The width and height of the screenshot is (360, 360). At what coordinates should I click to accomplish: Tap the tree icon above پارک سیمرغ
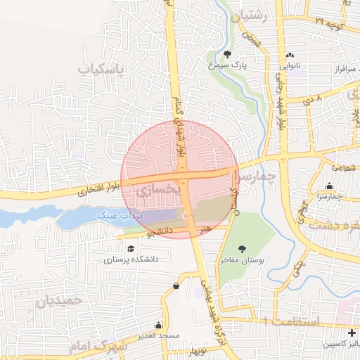[x=227, y=54]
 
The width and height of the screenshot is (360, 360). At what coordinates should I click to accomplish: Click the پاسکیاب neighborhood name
[x=100, y=70]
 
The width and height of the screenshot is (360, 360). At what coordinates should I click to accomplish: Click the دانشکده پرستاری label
[x=131, y=259]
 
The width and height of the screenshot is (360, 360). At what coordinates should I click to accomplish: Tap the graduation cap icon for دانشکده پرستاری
[x=131, y=248]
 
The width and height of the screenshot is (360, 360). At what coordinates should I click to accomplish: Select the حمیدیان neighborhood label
[x=60, y=300]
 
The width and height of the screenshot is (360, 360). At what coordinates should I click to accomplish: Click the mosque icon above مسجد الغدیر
[x=158, y=326]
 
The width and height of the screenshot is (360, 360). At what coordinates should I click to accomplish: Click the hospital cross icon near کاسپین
[x=352, y=332]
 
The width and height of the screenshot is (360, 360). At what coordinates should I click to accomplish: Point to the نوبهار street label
[x=197, y=349]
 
